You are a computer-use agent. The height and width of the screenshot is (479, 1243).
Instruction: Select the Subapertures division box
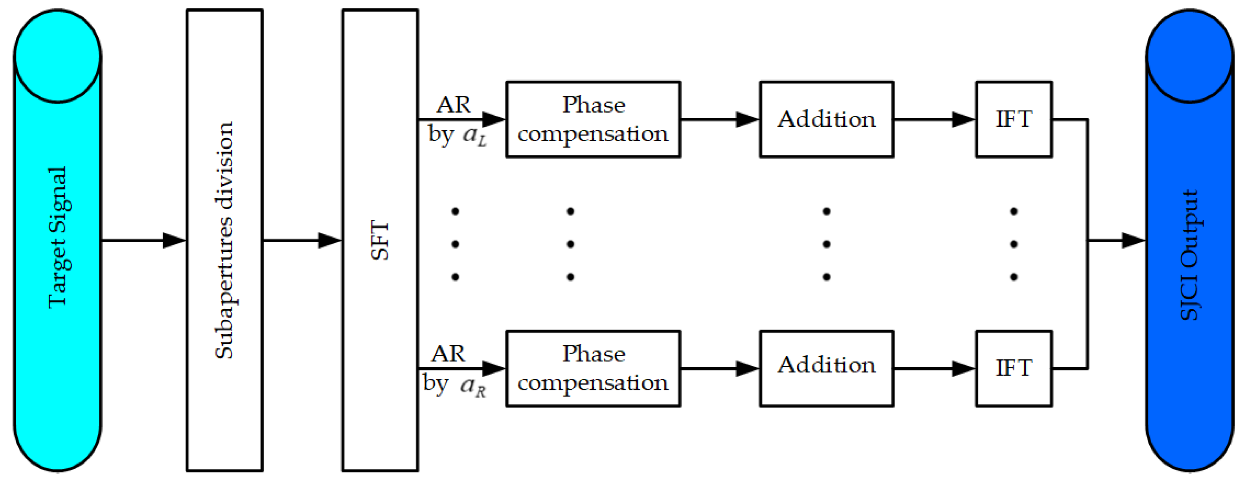coord(224,240)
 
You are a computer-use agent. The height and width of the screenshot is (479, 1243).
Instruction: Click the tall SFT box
coord(380,240)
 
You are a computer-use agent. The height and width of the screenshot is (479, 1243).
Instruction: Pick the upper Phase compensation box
coord(593,119)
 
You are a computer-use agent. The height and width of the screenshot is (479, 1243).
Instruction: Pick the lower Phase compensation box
coord(593,368)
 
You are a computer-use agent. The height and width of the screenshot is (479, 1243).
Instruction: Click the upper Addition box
coord(826,119)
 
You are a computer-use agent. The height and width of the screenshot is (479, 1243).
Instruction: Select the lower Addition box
coord(826,368)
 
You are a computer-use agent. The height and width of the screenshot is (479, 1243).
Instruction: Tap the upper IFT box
coord(1014,119)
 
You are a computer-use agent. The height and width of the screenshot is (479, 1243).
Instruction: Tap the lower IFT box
coord(1014,368)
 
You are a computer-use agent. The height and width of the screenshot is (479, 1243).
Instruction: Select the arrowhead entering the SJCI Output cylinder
coord(1132,240)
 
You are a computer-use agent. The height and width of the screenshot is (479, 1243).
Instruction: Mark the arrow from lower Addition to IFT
coord(934,368)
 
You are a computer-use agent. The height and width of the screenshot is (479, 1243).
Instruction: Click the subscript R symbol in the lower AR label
coord(480,391)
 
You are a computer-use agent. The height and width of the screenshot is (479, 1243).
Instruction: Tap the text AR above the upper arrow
coord(453,105)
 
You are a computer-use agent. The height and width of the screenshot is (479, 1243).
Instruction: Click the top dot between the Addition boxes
coord(826,211)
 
